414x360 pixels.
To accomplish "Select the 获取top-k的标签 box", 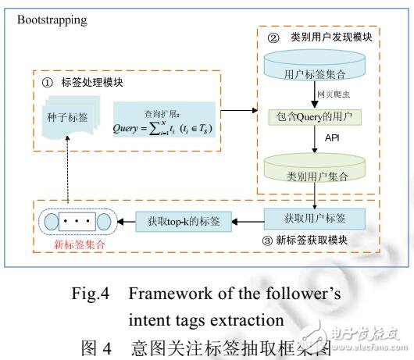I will [184, 221].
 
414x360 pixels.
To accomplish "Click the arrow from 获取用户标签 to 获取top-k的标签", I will [248, 221].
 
